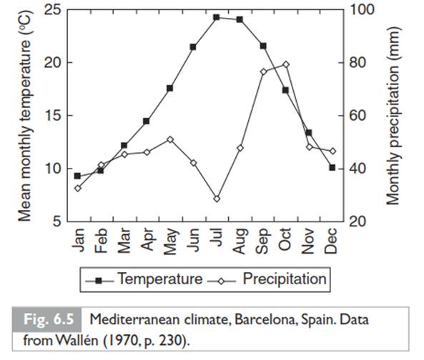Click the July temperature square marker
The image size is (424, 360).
pyautogui.click(x=217, y=18)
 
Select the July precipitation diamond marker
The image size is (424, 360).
pyautogui.click(x=217, y=199)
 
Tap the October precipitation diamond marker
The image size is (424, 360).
pyautogui.click(x=286, y=64)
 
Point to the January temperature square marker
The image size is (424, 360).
pyautogui.click(x=77, y=176)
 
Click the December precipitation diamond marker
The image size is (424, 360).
pyautogui.click(x=332, y=151)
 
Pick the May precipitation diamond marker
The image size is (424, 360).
pyautogui.click(x=170, y=139)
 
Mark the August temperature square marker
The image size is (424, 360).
pyautogui.click(x=240, y=19)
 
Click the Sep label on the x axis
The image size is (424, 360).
pyautogui.click(x=262, y=241)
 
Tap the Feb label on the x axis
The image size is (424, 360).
pyautogui.click(x=101, y=241)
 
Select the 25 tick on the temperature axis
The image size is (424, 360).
pyautogui.click(x=52, y=10)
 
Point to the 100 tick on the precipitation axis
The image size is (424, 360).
pyautogui.click(x=363, y=10)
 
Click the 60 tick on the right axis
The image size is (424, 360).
pyautogui.click(x=358, y=116)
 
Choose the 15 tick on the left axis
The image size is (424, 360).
pyautogui.click(x=52, y=116)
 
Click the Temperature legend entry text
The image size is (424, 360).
pyautogui.click(x=160, y=279)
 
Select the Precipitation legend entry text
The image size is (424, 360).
pyautogui.click(x=285, y=279)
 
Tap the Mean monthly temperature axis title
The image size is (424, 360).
pyautogui.click(x=25, y=116)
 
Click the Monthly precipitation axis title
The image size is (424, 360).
pyautogui.click(x=393, y=116)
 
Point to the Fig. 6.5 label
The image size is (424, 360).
pyautogui.click(x=49, y=319)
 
